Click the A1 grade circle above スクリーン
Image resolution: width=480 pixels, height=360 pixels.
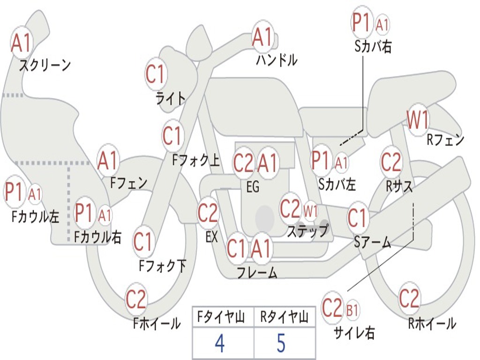click(x=22, y=43)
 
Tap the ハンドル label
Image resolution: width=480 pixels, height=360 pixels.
click(x=277, y=60)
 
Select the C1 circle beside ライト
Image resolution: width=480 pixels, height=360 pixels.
click(x=156, y=75)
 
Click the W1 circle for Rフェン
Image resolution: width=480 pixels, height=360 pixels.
click(x=418, y=120)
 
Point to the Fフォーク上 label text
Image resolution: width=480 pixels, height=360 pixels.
click(x=195, y=161)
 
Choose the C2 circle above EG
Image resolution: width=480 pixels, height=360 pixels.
click(x=243, y=163)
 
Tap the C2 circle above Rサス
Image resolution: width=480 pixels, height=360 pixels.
click(x=391, y=162)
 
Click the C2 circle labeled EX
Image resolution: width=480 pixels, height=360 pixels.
click(x=208, y=214)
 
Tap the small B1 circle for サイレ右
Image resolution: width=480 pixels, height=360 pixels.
click(x=352, y=310)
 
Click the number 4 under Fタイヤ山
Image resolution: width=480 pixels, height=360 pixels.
click(x=219, y=343)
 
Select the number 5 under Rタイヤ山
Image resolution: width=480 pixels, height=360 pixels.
click(x=281, y=343)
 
